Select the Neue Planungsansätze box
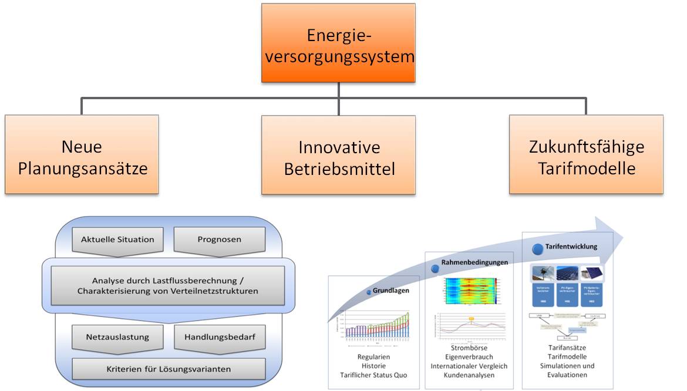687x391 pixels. click(82, 154)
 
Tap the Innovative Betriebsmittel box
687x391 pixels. click(338, 154)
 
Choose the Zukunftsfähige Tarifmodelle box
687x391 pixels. click(586, 154)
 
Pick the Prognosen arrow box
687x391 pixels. click(220, 240)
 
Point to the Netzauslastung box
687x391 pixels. click(117, 338)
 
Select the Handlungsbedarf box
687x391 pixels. click(220, 338)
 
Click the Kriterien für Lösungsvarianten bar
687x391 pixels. click(168, 369)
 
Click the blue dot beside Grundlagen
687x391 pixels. click(369, 291)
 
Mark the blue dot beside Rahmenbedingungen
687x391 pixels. click(435, 268)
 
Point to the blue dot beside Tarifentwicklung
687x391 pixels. click(537, 248)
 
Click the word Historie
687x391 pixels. click(373, 365)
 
